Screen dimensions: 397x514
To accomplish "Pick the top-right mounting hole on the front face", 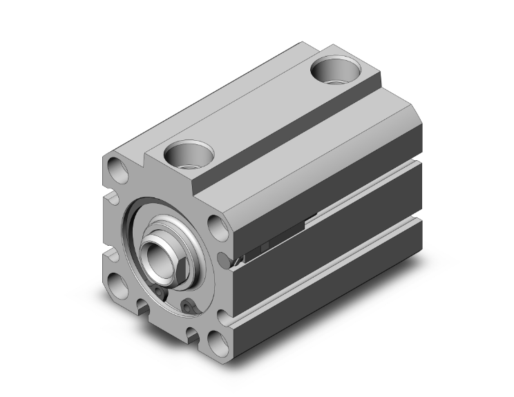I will pyautogui.click(x=217, y=226).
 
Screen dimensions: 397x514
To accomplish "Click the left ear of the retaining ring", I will pyautogui.click(x=160, y=294).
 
